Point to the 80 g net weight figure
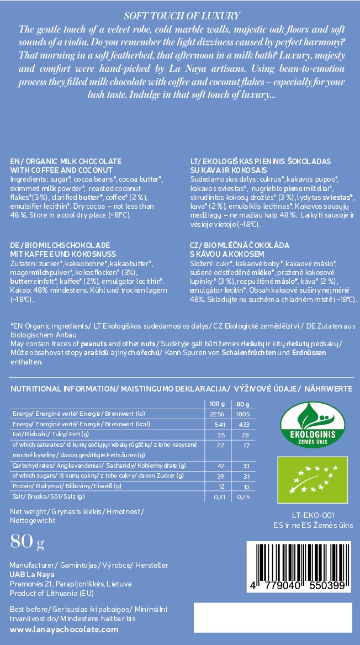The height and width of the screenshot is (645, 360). [x=27, y=543]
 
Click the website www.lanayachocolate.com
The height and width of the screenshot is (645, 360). [x=65, y=630]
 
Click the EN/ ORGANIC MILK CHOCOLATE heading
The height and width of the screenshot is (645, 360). [x=66, y=161]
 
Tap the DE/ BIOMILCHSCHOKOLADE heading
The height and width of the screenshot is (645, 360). [x=61, y=245]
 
